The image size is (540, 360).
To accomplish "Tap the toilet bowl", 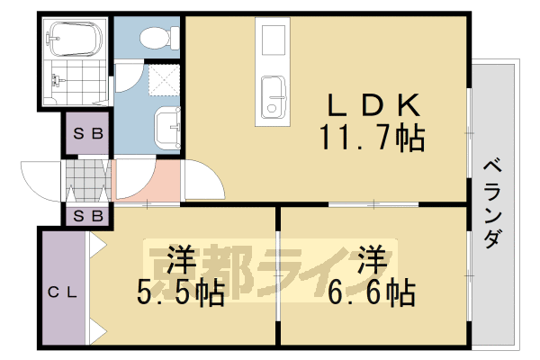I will (x=156, y=38).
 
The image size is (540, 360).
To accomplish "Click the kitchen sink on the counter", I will (x=273, y=95).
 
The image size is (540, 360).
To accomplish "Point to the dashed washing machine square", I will (x=162, y=79).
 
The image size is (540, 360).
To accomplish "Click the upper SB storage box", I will (x=87, y=134).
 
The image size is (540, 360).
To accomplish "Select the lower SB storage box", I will (x=87, y=216).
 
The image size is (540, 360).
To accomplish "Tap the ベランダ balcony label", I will (x=492, y=203).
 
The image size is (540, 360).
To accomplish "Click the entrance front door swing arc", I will (x=40, y=180).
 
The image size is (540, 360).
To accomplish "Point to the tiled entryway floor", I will (x=86, y=180).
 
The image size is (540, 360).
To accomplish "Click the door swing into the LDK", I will (x=202, y=180).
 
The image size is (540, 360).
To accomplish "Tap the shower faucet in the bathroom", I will (x=59, y=80).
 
